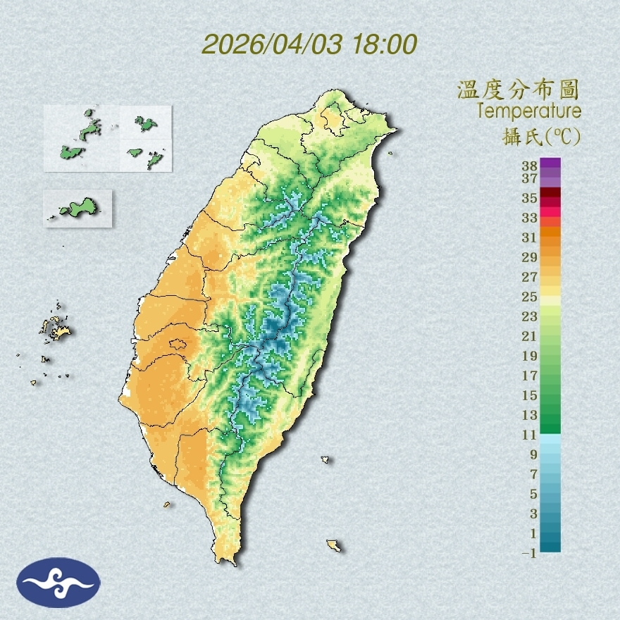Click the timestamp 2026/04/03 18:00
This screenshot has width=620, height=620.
point(309,44)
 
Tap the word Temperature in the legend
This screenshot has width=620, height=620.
point(529,111)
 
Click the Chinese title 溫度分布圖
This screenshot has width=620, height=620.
point(519,90)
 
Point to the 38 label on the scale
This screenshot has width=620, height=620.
point(530,166)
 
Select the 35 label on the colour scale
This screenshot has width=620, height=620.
point(530,198)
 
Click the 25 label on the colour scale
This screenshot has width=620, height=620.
point(530,296)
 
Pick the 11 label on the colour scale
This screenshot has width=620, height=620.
point(530,435)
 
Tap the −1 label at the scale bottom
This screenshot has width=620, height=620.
point(528,553)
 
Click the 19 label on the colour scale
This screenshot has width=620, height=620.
point(530,355)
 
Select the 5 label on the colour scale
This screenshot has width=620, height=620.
point(532,493)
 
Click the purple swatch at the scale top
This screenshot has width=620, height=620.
point(551,163)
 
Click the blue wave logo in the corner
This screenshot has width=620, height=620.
point(58,583)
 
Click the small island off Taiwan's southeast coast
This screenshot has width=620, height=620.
point(334,545)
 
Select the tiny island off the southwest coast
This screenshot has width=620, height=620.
point(167,504)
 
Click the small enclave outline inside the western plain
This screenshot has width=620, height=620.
point(178,345)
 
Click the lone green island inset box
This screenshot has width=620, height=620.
point(77,209)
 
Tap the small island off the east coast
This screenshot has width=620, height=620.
point(325,459)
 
